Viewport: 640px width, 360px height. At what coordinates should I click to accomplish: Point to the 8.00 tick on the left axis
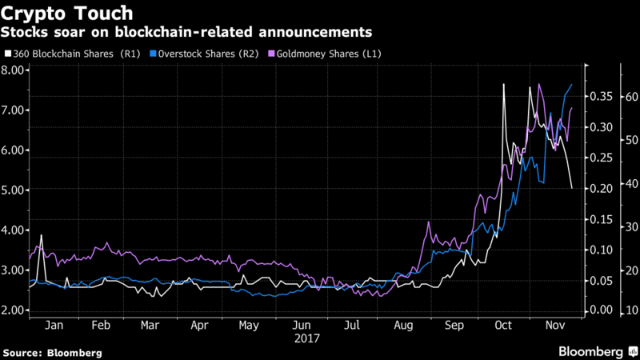pyautogui.click(x=14, y=70)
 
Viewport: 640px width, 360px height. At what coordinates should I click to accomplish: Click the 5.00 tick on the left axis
pyautogui.click(x=14, y=190)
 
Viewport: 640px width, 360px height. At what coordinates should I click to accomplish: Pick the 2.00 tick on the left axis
pyautogui.click(x=14, y=310)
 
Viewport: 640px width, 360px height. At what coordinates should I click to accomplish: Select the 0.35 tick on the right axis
pyautogui.click(x=600, y=97)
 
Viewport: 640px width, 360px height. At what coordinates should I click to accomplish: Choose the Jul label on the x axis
pyautogui.click(x=352, y=326)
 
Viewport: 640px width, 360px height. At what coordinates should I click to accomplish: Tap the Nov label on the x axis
pyautogui.click(x=553, y=326)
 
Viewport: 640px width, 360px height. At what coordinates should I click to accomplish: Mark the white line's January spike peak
pyautogui.click(x=41, y=234)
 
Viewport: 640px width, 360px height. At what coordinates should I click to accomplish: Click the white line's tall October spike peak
pyautogui.click(x=504, y=84)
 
